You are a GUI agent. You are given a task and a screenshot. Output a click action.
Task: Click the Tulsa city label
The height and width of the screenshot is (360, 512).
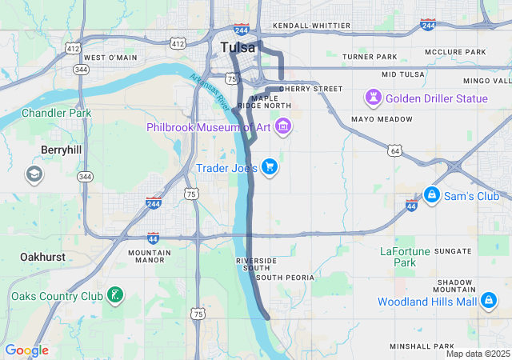[238, 47]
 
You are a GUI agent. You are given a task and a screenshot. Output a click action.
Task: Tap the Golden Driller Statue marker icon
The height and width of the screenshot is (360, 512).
[374, 98]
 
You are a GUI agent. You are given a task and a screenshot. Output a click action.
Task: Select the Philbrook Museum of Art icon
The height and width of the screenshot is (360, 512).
[282, 127]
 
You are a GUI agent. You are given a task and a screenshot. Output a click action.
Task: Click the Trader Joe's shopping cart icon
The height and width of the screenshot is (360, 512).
[270, 167]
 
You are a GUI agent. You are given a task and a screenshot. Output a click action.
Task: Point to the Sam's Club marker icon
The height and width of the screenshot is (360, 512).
[431, 195]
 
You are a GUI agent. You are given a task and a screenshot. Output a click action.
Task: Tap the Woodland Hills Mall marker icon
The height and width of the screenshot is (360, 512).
[488, 301]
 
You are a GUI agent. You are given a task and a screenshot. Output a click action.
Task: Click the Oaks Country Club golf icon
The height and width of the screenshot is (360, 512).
[116, 296]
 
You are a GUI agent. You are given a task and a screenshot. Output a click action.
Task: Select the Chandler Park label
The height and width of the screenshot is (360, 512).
[56, 113]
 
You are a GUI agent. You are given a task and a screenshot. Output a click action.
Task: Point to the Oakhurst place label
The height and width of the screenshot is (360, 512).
[42, 257]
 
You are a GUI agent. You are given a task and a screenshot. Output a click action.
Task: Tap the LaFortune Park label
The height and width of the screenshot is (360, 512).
[405, 257]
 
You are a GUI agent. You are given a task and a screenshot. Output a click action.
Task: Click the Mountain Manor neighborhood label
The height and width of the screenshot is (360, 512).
[150, 256]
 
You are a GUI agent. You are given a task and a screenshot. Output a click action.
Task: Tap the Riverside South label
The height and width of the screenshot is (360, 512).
[256, 265]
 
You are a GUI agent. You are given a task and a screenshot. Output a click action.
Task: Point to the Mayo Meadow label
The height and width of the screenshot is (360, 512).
[382, 119]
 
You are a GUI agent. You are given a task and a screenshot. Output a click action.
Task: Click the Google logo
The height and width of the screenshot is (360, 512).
[26, 350]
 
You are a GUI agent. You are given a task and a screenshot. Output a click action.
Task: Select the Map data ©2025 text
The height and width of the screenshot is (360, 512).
[478, 354]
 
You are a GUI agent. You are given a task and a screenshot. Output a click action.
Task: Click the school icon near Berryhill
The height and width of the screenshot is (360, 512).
[34, 174]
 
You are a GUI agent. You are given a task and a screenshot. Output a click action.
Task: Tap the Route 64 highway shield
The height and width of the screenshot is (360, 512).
[394, 150]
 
